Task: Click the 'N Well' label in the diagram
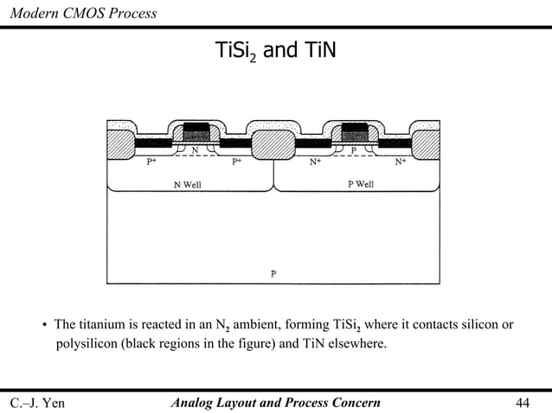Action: tap(188, 184)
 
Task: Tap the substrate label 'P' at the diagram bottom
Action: tap(273, 274)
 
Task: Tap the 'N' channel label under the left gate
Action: tap(195, 149)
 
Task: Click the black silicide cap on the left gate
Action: tap(196, 127)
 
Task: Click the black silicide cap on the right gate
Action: tap(356, 127)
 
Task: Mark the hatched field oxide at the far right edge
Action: tap(427, 143)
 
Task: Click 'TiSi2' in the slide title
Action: tap(234, 52)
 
